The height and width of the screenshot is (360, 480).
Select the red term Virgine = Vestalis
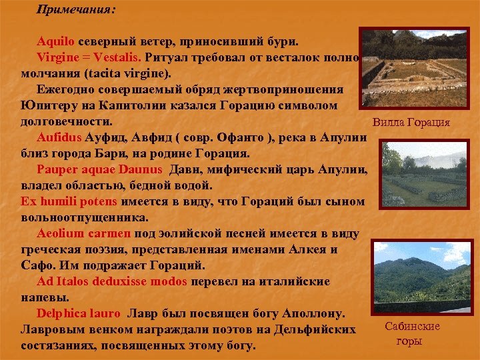(84, 57)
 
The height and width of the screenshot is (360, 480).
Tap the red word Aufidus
(59, 137)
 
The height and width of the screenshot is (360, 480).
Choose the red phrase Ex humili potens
(69, 201)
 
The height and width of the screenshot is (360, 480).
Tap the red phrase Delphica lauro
(79, 313)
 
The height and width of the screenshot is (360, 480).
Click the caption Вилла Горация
(411, 123)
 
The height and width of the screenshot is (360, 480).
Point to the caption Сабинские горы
(412, 333)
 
